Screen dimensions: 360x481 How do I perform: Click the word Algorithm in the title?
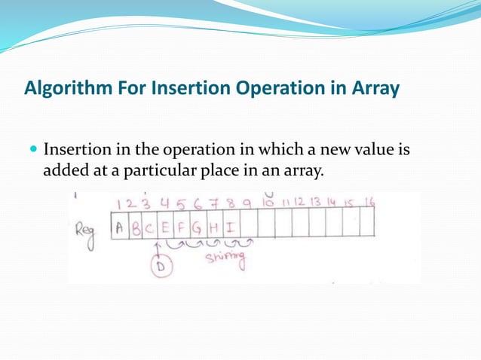[60, 90]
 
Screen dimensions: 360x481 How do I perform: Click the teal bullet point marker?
[32, 150]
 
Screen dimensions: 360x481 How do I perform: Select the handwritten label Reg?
[84, 229]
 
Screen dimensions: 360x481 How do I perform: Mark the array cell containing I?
[230, 228]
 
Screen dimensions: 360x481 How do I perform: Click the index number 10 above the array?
[269, 202]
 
